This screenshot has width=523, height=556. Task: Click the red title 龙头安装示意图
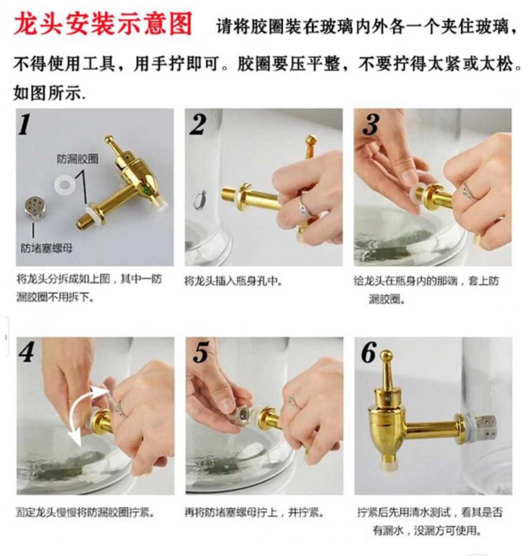tap(103, 24)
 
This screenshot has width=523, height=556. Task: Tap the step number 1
tap(25, 125)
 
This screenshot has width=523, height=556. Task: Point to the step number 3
tap(371, 125)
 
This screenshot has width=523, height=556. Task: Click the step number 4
tap(27, 353)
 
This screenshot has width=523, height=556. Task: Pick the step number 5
tap(201, 353)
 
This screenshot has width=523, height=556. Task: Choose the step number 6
tap(369, 353)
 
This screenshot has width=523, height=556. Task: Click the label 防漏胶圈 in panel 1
tap(78, 159)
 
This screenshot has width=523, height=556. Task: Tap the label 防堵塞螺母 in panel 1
tap(46, 248)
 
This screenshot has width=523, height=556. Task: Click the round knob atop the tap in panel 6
tap(386, 355)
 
